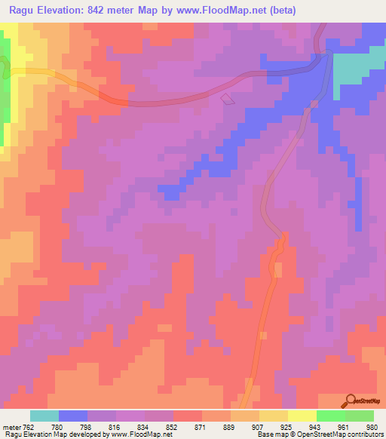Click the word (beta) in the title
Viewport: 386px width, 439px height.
click(279, 11)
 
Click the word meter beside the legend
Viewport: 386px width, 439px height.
click(10, 426)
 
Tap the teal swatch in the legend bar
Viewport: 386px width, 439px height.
click(44, 416)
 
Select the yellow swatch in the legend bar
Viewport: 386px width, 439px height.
click(302, 416)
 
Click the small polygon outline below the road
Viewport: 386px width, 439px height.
click(227, 98)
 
